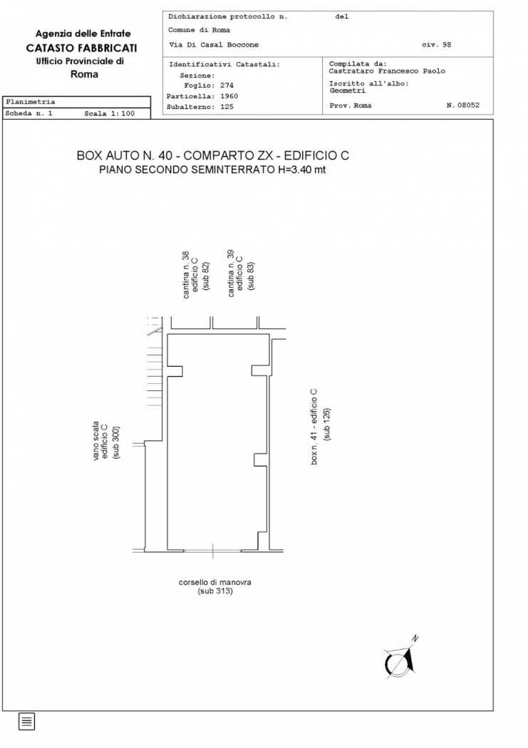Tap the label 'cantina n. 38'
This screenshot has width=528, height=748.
coord(186,275)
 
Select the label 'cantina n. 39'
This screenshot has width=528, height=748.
coord(231,274)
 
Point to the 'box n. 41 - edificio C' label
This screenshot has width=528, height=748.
coord(314,427)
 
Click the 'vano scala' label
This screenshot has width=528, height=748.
coord(96,441)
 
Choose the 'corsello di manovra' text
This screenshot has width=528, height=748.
coord(214,582)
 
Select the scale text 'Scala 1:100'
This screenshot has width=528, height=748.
coord(109,113)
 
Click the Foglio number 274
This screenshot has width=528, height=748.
coord(227,85)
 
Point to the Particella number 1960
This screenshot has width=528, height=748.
coord(229,96)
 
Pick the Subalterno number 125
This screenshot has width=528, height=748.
coord(227,107)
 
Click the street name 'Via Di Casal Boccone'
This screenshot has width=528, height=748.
coord(214,45)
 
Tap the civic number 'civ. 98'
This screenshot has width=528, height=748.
coord(436,45)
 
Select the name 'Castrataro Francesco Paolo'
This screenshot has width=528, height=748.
coord(387,71)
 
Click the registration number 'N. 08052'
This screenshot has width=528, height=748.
coord(462,105)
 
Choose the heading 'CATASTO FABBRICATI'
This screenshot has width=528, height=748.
coord(81,48)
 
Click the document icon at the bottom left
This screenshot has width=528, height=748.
coord(26,721)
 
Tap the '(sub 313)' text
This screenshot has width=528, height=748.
coord(215,591)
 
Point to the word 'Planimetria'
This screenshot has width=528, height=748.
coord(30,102)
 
